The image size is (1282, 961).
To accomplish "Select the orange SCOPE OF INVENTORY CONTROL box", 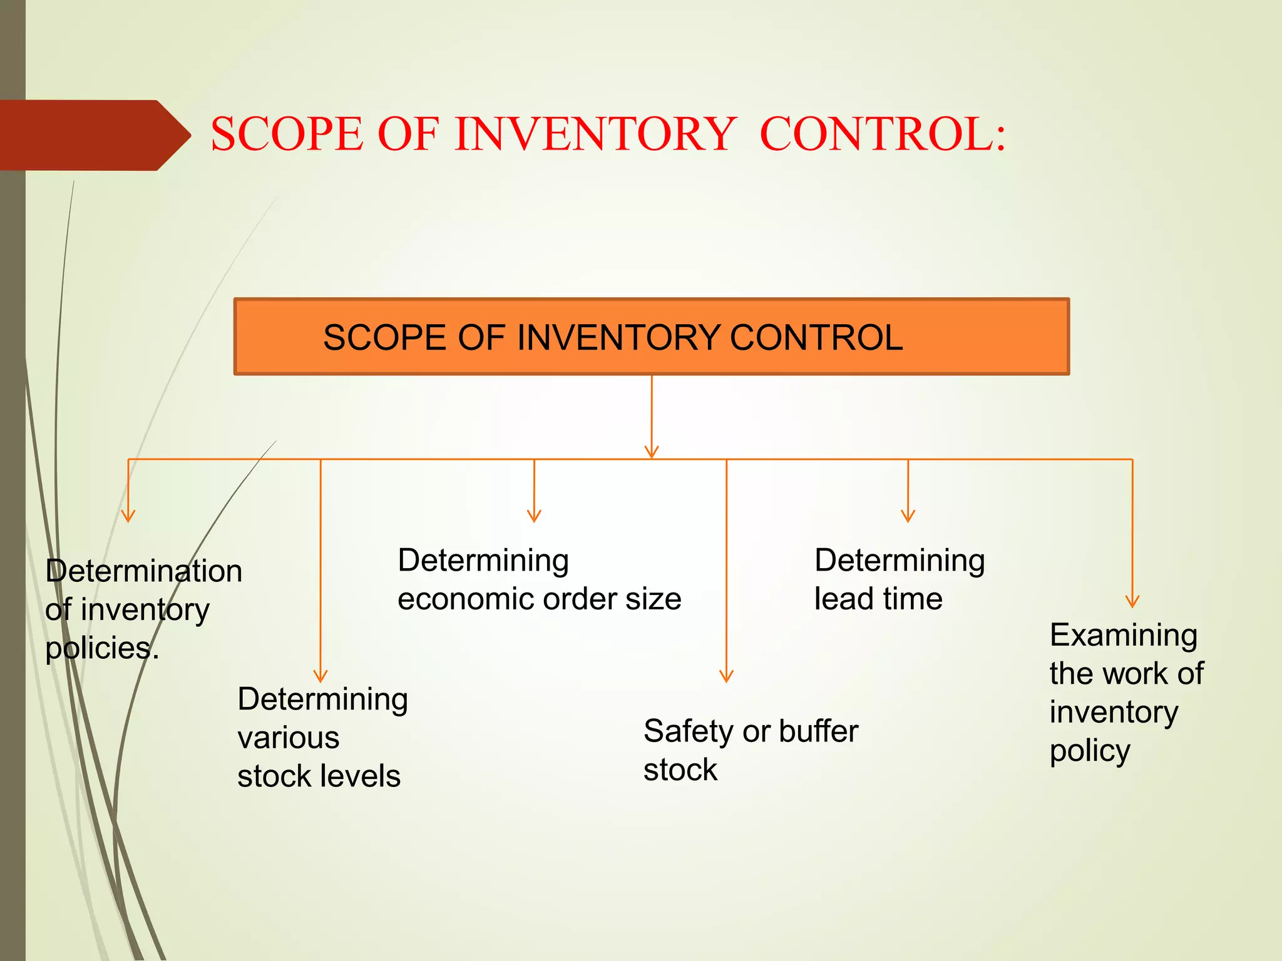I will (651, 337).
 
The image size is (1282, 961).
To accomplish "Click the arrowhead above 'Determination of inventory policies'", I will (128, 516).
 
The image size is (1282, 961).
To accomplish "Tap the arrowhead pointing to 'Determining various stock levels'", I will (320, 676).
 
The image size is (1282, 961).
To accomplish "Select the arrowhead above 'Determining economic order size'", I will (534, 516).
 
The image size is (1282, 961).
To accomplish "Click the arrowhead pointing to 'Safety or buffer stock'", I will (726, 676).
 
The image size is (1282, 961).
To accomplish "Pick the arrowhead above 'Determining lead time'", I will (908, 516).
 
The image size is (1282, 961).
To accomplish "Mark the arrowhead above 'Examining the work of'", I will (1132, 601).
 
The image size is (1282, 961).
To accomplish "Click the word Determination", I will (144, 571).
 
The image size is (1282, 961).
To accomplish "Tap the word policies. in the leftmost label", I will (102, 648).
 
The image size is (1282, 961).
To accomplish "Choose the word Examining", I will (1124, 635).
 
